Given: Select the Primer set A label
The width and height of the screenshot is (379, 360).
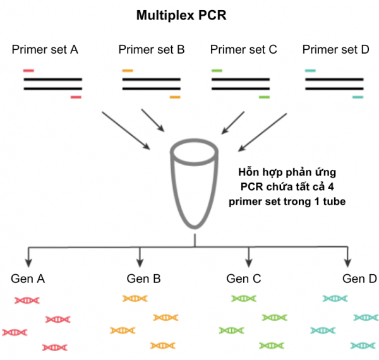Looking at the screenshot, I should pyautogui.click(x=45, y=49).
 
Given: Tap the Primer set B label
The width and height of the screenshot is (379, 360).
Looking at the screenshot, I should pyautogui.click(x=152, y=49).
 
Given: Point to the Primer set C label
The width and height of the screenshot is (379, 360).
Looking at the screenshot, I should pyautogui.click(x=243, y=49).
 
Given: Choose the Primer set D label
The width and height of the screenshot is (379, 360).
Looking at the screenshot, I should pyautogui.click(x=335, y=49).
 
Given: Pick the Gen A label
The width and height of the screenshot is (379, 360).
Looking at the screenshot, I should pyautogui.click(x=28, y=279).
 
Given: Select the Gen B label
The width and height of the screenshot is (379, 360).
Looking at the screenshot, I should pyautogui.click(x=143, y=279).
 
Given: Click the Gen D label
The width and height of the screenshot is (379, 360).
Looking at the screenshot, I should pyautogui.click(x=359, y=279).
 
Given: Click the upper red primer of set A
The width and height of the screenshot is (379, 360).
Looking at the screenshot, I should pyautogui.click(x=28, y=71).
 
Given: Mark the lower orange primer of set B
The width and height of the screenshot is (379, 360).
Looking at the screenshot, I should pyautogui.click(x=175, y=97).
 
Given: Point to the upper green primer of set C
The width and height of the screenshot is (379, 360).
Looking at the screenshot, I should pyautogui.click(x=217, y=71).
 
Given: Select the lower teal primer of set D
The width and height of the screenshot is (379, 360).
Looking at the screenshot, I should pyautogui.click(x=358, y=97).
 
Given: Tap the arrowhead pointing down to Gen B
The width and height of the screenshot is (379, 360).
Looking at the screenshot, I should pyautogui.click(x=140, y=261).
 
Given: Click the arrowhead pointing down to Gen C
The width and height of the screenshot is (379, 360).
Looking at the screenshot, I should pyautogui.click(x=248, y=261).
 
